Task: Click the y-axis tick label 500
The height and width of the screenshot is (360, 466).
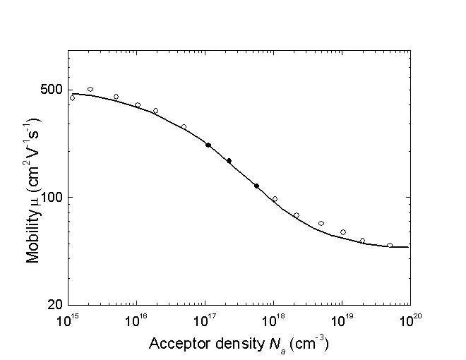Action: (x=51, y=90)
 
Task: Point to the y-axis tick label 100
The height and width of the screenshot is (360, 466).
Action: (x=51, y=197)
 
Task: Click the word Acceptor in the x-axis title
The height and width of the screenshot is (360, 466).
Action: (x=174, y=344)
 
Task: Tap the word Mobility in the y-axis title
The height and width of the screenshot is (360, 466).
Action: (x=32, y=237)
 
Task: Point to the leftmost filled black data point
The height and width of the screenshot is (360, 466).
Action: (x=208, y=145)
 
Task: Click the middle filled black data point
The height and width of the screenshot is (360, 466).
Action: (x=229, y=161)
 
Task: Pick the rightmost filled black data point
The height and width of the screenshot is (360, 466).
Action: (x=256, y=186)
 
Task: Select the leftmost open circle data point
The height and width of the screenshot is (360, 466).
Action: (x=72, y=98)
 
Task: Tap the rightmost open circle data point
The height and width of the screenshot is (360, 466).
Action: (x=390, y=246)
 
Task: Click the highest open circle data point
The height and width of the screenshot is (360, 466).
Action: (x=90, y=90)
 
